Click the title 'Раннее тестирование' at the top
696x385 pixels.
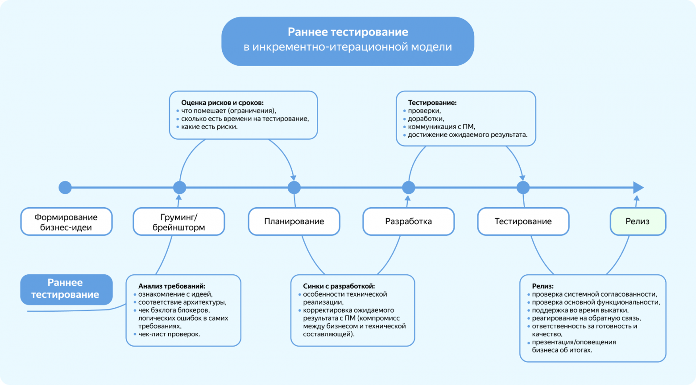(x=348, y=32)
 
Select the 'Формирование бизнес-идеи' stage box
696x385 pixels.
(x=66, y=222)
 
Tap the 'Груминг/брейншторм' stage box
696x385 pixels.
(x=179, y=222)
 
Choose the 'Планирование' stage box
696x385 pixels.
(x=294, y=222)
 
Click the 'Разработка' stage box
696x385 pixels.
(x=408, y=222)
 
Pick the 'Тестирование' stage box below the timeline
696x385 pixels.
(x=523, y=222)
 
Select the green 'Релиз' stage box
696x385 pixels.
(x=637, y=222)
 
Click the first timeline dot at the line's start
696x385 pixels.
(x=65, y=188)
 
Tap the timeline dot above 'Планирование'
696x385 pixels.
(x=294, y=188)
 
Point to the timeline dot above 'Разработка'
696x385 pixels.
(x=408, y=188)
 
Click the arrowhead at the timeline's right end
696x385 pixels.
(x=638, y=188)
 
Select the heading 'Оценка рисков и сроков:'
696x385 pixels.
(x=222, y=103)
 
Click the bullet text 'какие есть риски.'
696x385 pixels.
(x=209, y=127)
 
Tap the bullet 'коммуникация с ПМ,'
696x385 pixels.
(x=441, y=127)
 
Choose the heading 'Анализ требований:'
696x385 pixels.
(x=172, y=286)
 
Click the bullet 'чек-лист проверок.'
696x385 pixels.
(x=169, y=334)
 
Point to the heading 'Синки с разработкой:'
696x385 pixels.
(x=339, y=286)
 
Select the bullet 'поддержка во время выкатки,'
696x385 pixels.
(x=580, y=310)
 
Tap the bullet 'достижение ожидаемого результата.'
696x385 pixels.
(x=468, y=135)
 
